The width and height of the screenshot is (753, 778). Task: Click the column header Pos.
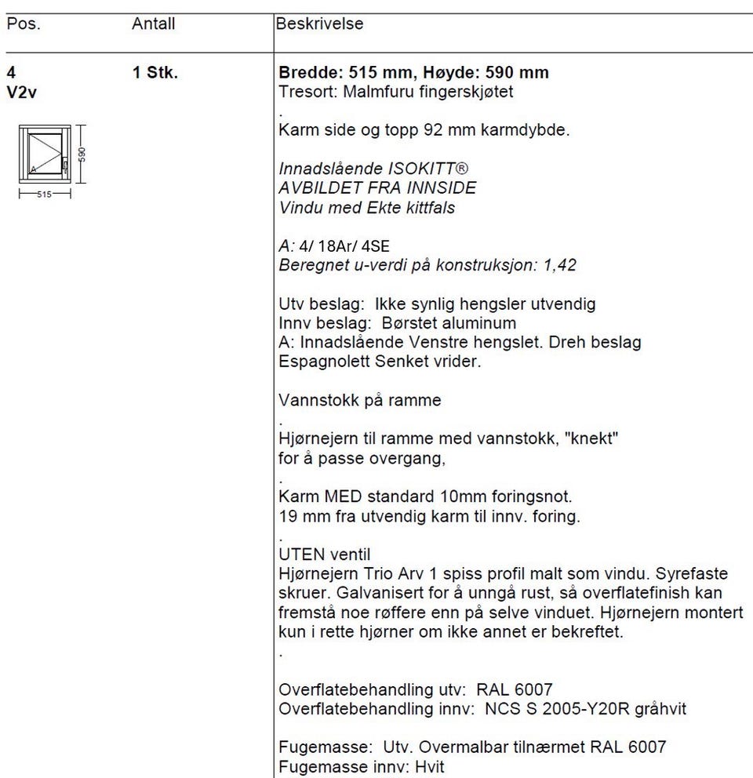(23, 24)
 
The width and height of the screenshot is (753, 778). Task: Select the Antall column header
(153, 24)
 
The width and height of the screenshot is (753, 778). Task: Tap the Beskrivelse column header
(319, 24)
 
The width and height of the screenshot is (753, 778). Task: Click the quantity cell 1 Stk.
(155, 74)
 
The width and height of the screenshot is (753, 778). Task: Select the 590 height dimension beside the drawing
(82, 153)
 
